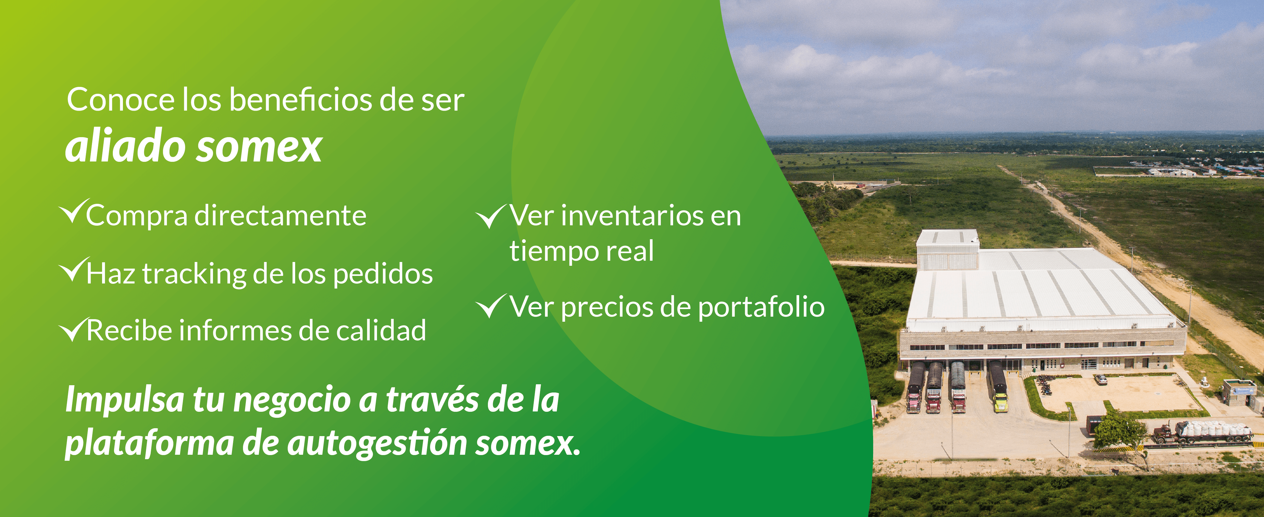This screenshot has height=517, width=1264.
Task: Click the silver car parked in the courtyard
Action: tap(1101, 379)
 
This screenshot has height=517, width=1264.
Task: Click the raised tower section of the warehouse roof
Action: tap(947, 249)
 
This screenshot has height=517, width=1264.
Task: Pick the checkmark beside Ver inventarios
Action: tap(491, 216)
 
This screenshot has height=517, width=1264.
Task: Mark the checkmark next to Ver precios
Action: tap(491, 306)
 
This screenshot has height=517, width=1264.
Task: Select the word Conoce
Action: tap(121, 100)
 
